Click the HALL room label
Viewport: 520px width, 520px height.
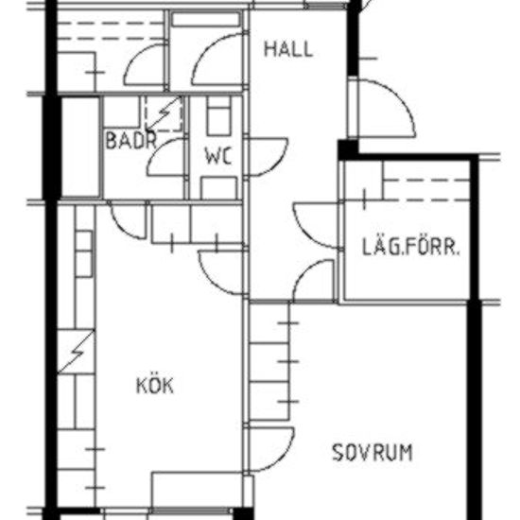pyautogui.click(x=287, y=49)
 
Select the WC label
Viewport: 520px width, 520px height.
pyautogui.click(x=218, y=154)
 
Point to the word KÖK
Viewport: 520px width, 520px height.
pyautogui.click(x=156, y=386)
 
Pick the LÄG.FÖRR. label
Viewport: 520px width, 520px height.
pyautogui.click(x=411, y=251)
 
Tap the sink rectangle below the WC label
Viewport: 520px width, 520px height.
pyautogui.click(x=218, y=187)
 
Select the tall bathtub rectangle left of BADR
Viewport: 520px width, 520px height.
pyautogui.click(x=80, y=147)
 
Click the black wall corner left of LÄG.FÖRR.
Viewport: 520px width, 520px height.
pyautogui.click(x=347, y=149)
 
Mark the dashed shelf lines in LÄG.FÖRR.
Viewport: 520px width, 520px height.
pyautogui.click(x=425, y=188)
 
